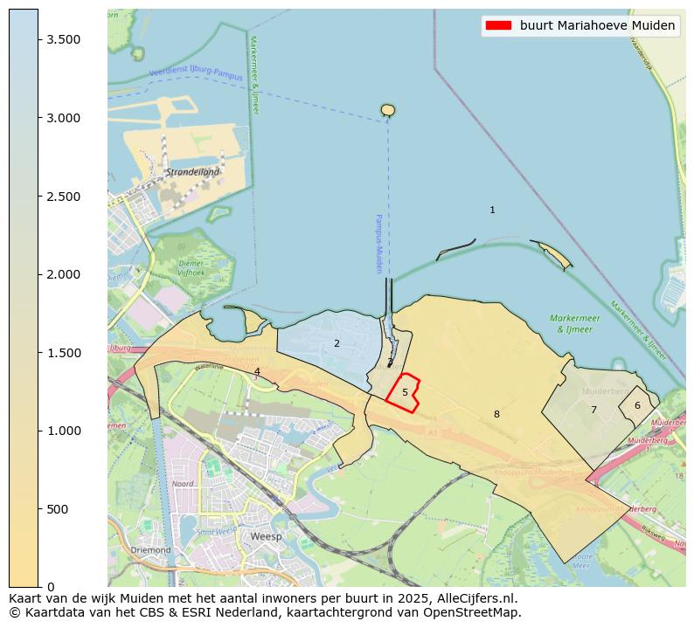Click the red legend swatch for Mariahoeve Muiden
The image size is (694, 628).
pos(497,26)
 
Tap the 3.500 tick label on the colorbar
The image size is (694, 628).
pos(63,40)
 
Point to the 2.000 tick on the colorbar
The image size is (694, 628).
pos(63,274)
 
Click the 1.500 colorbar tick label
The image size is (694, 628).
pos(63,353)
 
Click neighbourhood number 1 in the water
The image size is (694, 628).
pos(492,210)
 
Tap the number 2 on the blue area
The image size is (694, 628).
pos(337,343)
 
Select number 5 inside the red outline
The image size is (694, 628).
pos(405,393)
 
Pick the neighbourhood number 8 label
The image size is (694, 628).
pos(496,414)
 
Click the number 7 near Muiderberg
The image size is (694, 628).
pos(593,410)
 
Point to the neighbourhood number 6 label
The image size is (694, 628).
pos(637,405)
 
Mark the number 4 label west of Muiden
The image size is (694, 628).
pos(257,372)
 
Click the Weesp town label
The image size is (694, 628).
pos(266,536)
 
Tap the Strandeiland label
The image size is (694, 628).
pos(193,172)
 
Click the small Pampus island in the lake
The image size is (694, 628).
pos(388,110)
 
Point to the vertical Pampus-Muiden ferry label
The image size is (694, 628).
pos(379,244)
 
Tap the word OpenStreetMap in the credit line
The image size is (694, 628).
pos(477,612)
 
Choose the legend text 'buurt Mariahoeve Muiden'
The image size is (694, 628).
pos(597,26)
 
